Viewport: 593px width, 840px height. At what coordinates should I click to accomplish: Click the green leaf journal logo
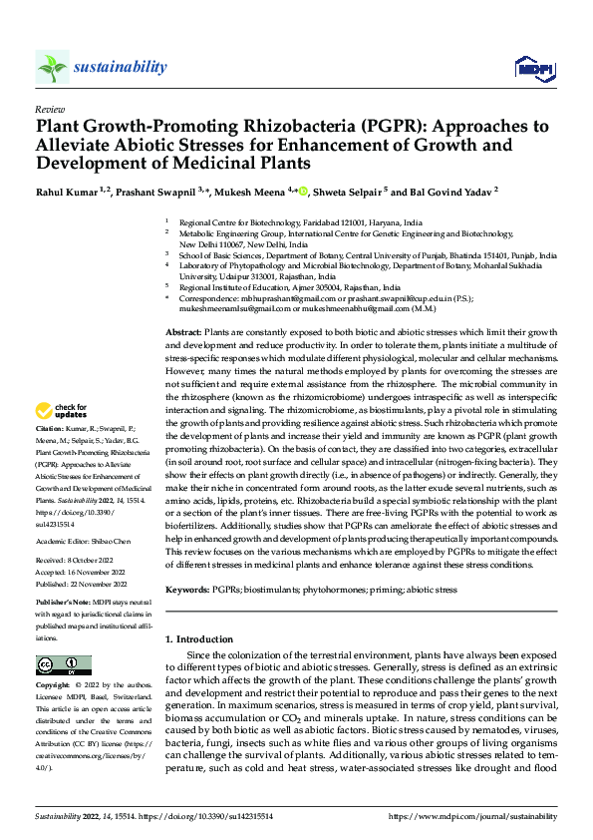[x=51, y=67]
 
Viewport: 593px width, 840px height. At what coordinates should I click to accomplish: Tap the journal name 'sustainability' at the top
[x=120, y=67]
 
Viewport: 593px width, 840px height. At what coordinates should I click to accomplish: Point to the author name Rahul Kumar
[x=62, y=189]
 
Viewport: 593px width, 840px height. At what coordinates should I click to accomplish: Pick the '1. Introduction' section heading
[x=204, y=637]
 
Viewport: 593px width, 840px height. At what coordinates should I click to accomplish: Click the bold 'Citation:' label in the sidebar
[x=52, y=453]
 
